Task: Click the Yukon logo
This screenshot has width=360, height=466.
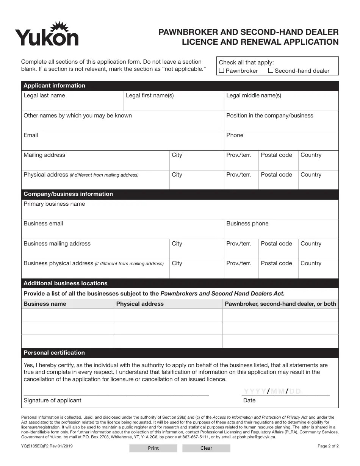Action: [x=47, y=34]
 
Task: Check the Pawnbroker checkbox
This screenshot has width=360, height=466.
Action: [x=222, y=70]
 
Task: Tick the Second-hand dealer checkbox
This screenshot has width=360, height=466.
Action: [x=271, y=70]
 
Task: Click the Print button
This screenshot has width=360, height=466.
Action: [x=153, y=448]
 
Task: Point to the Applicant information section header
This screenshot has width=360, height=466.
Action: [x=55, y=86]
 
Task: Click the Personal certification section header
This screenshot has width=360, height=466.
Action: [x=54, y=353]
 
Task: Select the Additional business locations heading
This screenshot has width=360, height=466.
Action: [x=66, y=283]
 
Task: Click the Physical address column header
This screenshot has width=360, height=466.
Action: [x=140, y=304]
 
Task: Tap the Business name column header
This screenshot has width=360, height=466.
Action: [x=45, y=304]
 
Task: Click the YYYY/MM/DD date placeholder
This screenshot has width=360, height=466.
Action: [x=272, y=391]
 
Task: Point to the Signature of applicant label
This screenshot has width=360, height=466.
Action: [x=52, y=400]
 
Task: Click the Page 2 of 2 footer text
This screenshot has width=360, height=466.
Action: [x=328, y=446]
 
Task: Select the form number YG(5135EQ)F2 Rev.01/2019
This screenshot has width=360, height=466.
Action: [x=47, y=446]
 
